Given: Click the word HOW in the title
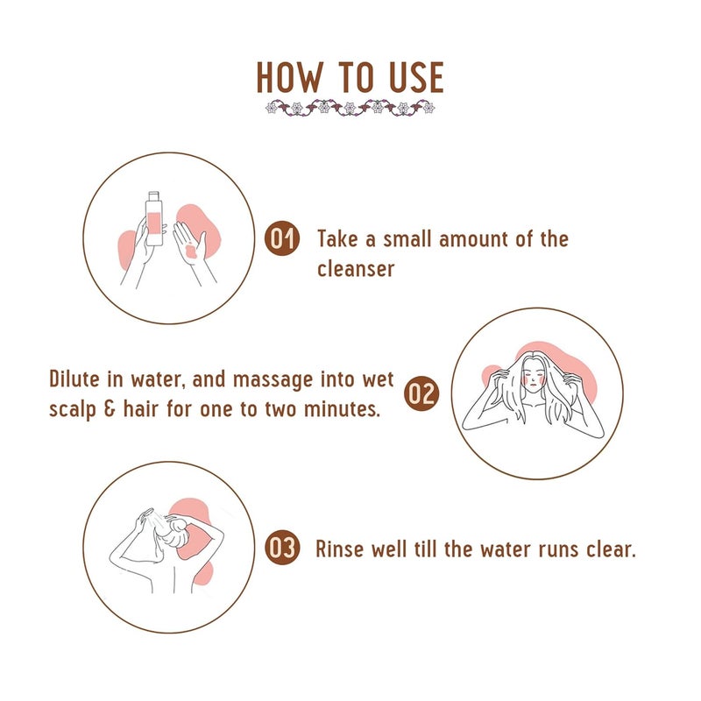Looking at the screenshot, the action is coord(290,77).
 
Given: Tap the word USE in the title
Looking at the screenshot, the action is coord(417,77).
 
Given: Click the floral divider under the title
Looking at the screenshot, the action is coord(350,108).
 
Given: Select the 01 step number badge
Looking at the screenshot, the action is coord(282,238).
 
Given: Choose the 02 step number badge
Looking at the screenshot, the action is coord(421,393).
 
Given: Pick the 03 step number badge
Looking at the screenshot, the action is coord(282,549).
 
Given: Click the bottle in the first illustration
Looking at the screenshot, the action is coord(154,218).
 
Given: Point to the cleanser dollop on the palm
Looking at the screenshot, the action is coord(190,251).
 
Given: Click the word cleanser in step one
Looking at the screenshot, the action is coord(356,269).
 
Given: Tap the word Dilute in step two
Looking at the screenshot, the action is coord(74,379).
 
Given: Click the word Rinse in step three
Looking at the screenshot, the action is coord(339,549).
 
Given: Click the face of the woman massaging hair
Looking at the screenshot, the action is coord(533,375).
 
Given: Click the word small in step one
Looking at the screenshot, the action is coord(407,238).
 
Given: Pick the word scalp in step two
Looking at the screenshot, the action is coord(73,410).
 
